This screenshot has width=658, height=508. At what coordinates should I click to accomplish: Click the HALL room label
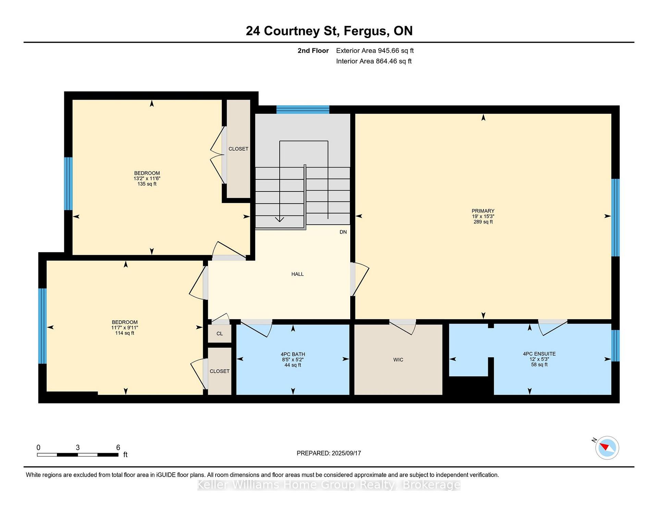[x=297, y=274]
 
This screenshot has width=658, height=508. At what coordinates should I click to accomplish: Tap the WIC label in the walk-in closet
[x=398, y=360]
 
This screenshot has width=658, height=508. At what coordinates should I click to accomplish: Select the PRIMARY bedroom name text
[x=483, y=211]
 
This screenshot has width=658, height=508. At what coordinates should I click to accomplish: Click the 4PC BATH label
[x=293, y=354]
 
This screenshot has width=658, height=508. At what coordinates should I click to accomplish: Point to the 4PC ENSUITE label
[x=539, y=354]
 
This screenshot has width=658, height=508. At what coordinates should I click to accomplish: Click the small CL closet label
[x=220, y=334]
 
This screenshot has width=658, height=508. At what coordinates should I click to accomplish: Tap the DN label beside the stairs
[x=343, y=232]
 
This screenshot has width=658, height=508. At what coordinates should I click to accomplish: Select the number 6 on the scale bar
[x=118, y=447]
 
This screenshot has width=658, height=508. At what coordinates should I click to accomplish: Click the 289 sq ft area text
[x=483, y=222]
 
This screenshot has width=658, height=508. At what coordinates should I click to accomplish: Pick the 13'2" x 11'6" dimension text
[x=147, y=178]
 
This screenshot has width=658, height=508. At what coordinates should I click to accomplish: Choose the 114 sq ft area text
[x=125, y=333]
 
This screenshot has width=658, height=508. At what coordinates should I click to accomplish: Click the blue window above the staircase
[x=303, y=110]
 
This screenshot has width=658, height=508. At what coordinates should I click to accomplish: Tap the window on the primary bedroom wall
[x=616, y=218]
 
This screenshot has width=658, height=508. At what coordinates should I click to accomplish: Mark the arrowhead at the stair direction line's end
[x=280, y=219]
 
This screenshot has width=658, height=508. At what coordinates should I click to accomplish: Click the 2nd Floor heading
[x=313, y=51]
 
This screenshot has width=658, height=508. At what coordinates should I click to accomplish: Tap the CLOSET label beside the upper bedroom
[x=239, y=149]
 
